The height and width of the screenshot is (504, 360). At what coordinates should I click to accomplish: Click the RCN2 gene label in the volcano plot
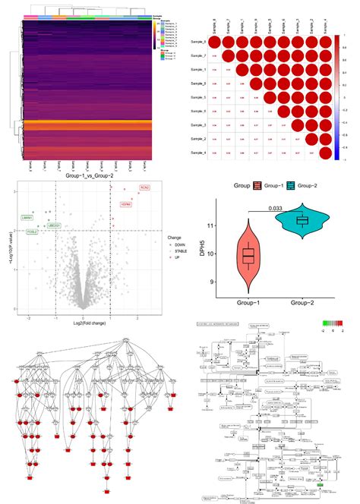point(145,187)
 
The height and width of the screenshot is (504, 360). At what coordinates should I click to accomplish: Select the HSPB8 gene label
point(127,204)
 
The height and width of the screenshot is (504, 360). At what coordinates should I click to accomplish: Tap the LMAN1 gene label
point(28,218)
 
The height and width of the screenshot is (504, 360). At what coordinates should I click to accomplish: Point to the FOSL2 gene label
point(31,230)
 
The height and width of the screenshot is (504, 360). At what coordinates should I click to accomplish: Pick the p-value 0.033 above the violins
point(274,209)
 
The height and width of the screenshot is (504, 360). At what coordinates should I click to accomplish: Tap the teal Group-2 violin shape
point(302,219)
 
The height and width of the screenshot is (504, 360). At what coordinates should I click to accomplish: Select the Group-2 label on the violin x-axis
point(302,302)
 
